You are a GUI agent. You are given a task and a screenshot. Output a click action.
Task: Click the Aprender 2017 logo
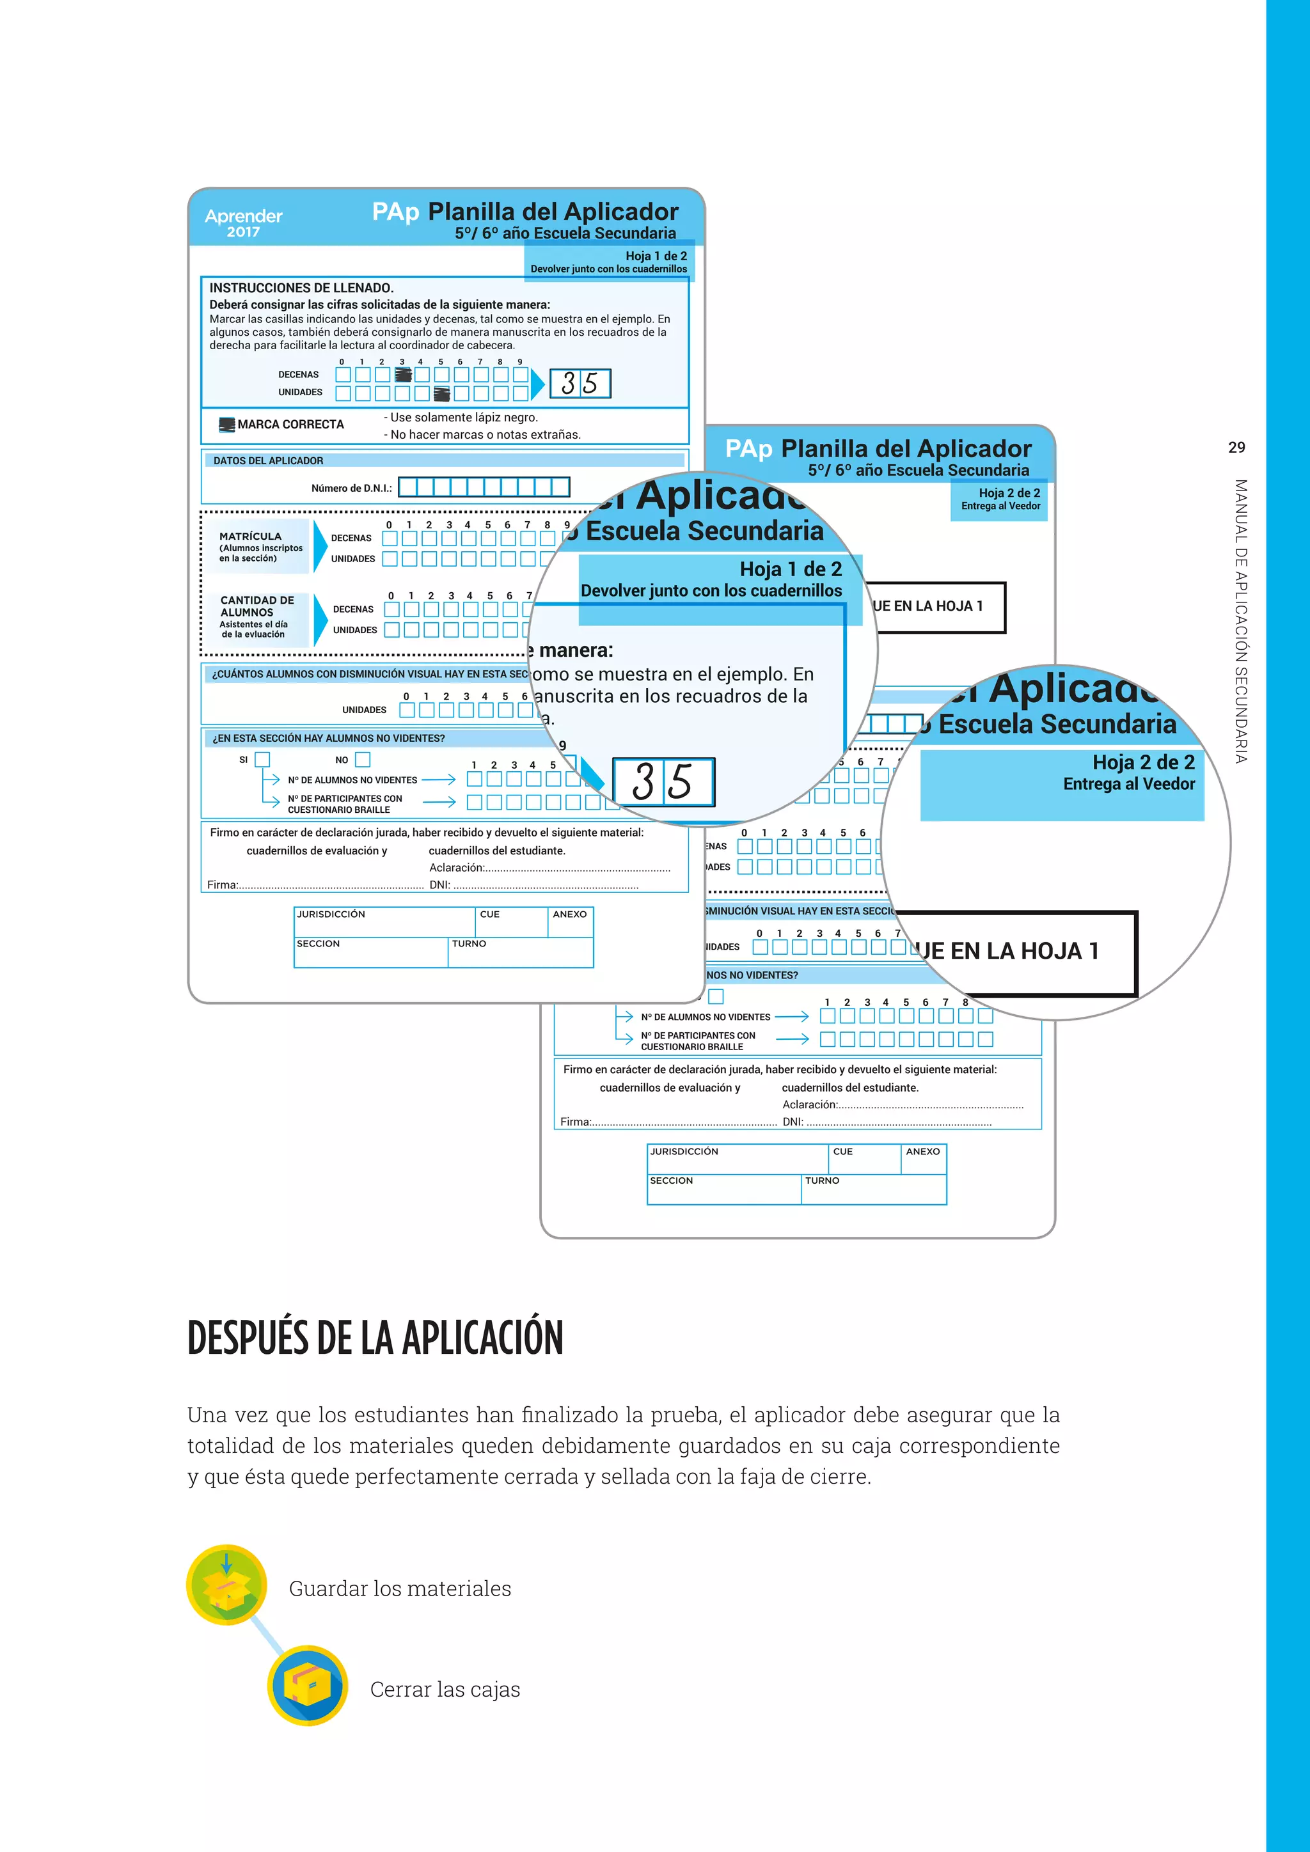244,223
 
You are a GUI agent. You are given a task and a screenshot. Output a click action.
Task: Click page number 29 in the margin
1236,448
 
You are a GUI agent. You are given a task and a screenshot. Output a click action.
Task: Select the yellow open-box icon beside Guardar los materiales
226,1585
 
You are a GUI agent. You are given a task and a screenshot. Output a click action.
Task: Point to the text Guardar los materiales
400,1589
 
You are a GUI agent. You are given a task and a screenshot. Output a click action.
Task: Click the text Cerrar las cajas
445,1689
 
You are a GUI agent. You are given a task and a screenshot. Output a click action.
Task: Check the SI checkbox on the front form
262,759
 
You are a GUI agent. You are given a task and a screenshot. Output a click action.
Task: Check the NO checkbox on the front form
363,759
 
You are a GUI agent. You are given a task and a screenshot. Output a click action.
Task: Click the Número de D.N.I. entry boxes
484,487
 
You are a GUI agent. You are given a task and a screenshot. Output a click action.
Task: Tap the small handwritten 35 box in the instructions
580,383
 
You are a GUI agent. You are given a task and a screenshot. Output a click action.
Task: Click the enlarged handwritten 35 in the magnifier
663,781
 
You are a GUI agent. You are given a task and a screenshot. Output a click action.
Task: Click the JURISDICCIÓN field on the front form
384,922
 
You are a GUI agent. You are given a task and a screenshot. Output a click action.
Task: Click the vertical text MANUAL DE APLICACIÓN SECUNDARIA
1241,621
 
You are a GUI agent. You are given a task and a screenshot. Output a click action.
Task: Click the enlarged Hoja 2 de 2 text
1143,762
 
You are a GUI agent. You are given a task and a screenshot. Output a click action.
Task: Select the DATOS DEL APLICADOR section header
268,460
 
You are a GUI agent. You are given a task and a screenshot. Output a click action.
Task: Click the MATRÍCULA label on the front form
251,537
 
